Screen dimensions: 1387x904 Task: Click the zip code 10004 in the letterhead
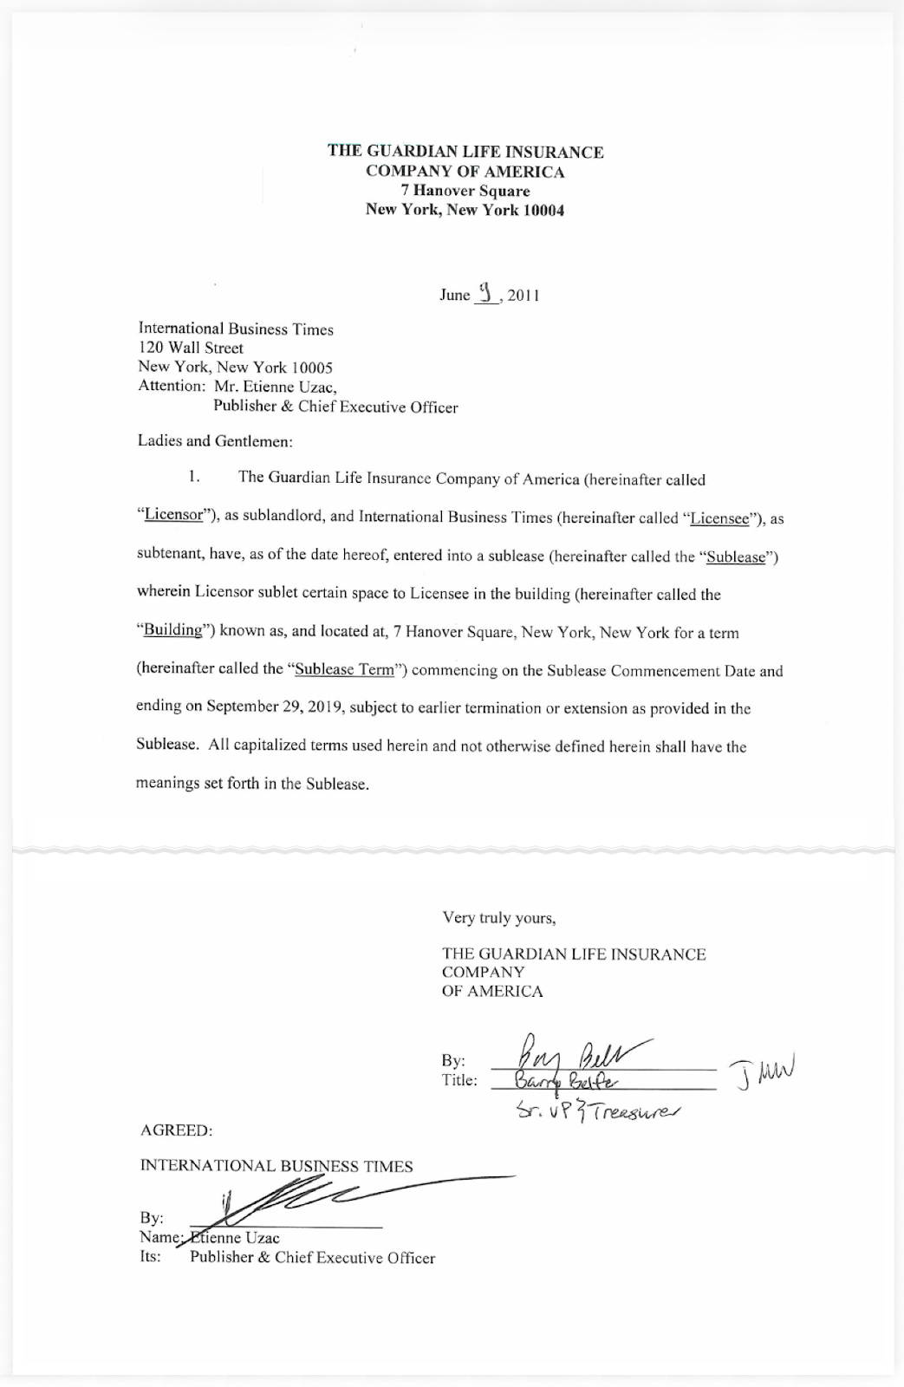tap(543, 210)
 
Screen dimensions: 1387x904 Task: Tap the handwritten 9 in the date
tap(486, 293)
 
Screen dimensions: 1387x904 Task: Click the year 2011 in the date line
tap(524, 296)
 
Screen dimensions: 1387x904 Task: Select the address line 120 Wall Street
tap(191, 348)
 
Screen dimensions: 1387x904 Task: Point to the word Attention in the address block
tap(171, 387)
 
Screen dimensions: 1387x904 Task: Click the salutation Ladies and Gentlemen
tap(215, 441)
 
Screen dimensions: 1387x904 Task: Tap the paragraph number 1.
tap(194, 478)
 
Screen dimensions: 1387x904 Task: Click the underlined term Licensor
tap(173, 515)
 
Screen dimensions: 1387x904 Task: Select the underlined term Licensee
tap(719, 519)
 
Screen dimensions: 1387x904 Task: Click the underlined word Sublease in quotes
tap(736, 557)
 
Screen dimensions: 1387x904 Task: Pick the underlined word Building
tap(172, 630)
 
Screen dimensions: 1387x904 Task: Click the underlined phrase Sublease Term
tap(344, 669)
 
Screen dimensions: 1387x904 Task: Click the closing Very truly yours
tap(498, 917)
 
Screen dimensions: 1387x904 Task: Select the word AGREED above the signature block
tap(176, 1131)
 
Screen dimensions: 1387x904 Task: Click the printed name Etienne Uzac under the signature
tap(234, 1238)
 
